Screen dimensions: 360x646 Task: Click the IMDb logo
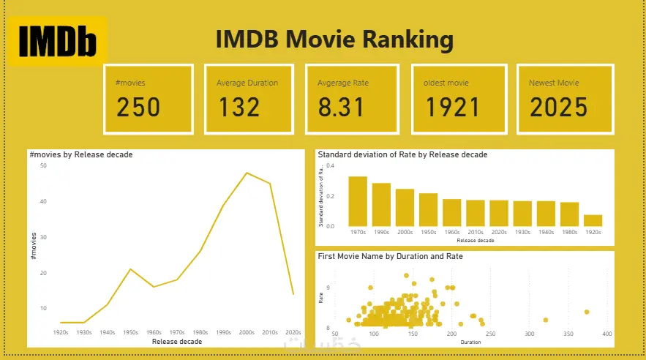point(57,42)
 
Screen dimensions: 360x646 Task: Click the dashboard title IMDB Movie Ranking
point(334,39)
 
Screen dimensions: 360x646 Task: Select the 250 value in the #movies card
point(138,108)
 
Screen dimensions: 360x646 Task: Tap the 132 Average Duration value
point(239,108)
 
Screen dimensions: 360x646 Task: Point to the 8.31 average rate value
point(341,108)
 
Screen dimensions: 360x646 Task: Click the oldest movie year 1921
point(453,108)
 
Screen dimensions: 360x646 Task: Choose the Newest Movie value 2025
point(559,108)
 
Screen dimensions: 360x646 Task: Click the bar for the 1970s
point(358,201)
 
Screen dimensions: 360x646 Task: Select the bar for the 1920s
point(593,220)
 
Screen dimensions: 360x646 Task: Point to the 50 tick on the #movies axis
point(43,166)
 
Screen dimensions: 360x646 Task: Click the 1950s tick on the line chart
point(131,333)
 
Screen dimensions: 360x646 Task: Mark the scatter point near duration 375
point(587,312)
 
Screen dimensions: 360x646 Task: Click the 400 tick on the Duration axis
point(606,334)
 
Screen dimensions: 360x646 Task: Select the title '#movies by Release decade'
point(80,155)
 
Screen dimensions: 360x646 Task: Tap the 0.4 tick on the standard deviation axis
point(330,166)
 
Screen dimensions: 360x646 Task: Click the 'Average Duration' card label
point(247,83)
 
